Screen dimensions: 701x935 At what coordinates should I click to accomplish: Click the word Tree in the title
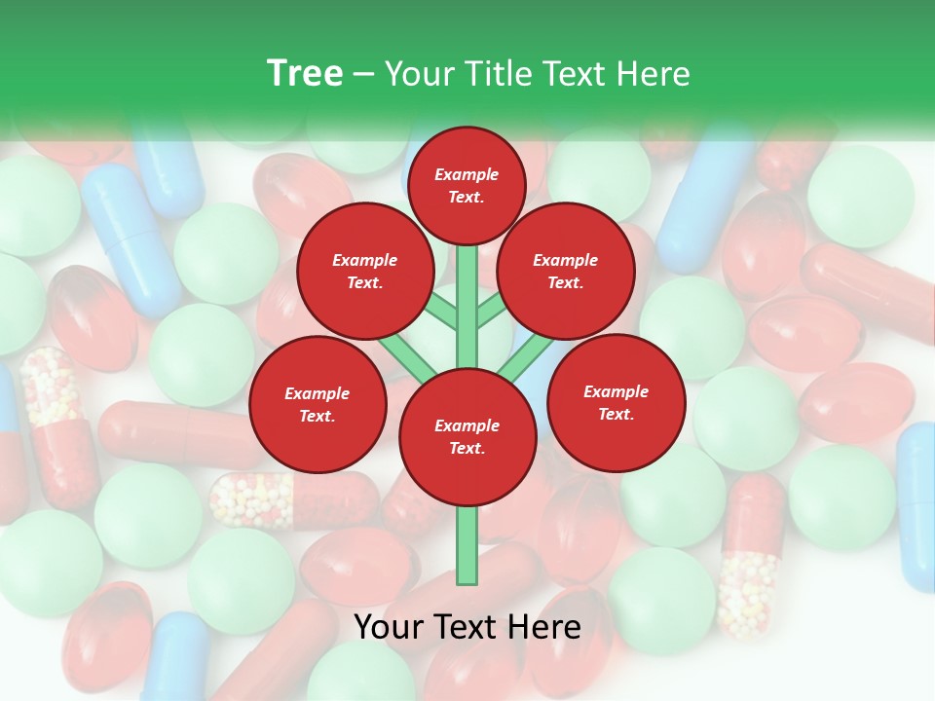(x=305, y=73)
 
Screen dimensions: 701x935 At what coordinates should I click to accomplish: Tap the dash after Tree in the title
(x=363, y=74)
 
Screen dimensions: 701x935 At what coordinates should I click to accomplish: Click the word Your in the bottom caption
(x=390, y=627)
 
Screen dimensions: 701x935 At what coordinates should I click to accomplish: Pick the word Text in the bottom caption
(x=468, y=627)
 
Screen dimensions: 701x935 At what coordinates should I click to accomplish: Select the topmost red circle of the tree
(x=467, y=185)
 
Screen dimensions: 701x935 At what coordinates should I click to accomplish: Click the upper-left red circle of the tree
(x=365, y=271)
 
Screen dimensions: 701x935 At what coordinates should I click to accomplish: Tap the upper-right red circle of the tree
(x=566, y=271)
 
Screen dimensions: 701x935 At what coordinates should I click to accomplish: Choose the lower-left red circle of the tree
(x=318, y=404)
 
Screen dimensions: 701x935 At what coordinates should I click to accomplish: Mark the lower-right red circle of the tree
(x=617, y=402)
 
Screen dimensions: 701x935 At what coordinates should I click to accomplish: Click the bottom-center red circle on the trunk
(x=467, y=436)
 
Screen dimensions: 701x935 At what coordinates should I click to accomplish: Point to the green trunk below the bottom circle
(x=467, y=545)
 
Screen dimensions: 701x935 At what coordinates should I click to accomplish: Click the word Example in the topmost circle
(x=467, y=174)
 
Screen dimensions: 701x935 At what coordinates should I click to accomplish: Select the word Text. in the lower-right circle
(x=617, y=414)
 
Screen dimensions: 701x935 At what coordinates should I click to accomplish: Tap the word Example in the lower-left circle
(x=318, y=393)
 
